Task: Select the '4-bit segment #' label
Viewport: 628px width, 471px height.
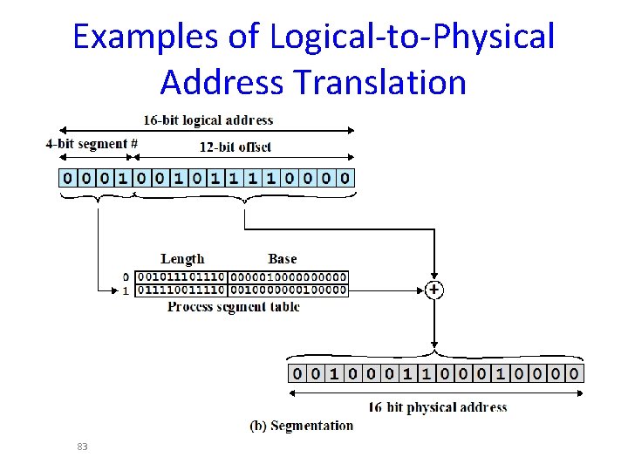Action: [92, 145]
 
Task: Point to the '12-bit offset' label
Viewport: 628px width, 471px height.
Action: [235, 147]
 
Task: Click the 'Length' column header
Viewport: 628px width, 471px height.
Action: [182, 258]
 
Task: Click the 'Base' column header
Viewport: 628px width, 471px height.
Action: [282, 258]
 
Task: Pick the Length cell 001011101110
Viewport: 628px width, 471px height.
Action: [181, 277]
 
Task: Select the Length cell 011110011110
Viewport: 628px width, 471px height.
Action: [181, 290]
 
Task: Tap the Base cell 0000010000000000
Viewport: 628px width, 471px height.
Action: [287, 277]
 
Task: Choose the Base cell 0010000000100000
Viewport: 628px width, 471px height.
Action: [287, 290]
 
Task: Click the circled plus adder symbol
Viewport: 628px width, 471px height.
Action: [433, 290]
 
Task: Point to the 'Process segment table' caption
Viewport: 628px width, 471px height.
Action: [233, 307]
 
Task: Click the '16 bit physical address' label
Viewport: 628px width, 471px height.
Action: [437, 406]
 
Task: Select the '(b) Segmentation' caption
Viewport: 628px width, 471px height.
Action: [302, 426]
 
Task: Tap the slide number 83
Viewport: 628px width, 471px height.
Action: [82, 447]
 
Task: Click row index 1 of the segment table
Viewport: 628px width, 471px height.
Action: [126, 290]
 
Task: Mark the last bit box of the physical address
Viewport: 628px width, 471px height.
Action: [574, 373]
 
